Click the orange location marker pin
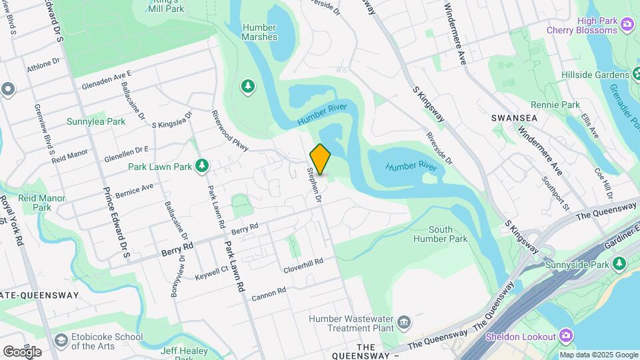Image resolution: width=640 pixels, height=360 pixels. point(321,159)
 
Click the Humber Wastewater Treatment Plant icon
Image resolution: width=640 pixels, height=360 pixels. point(404,323)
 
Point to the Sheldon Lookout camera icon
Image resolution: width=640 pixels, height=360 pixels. point(566,335)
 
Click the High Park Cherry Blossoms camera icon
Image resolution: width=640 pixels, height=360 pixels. point(627,25)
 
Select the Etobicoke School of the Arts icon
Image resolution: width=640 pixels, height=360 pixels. point(61,341)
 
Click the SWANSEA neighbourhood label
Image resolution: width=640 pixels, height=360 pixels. point(514,117)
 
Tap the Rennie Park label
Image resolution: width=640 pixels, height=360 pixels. point(555,105)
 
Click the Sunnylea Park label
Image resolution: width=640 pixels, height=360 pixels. point(96,122)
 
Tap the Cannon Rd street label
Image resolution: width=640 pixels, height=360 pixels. point(268,291)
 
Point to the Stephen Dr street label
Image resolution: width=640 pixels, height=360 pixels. point(314,185)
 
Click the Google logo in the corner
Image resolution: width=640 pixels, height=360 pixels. point(22,351)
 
